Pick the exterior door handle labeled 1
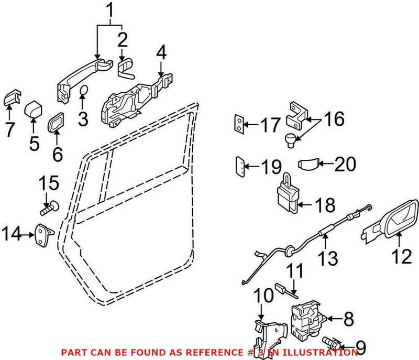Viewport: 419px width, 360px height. pos(84,76)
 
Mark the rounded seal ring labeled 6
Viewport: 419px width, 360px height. pos(56,123)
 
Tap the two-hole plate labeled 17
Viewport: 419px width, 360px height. pos(239,124)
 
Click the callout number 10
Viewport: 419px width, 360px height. pos(264,296)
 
